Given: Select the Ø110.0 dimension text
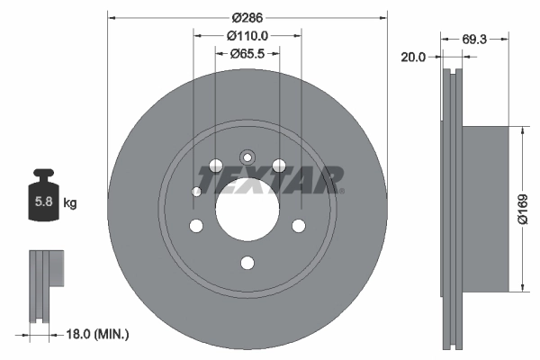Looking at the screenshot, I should coord(247,36).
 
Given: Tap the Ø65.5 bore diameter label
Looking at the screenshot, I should coord(247,53).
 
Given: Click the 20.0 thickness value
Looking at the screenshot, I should coord(413,57).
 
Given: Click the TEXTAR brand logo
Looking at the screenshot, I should coord(271,179).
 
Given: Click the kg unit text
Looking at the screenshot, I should coord(70,203).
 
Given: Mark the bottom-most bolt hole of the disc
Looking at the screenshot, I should coord(247,263).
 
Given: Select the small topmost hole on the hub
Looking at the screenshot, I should coord(247,154).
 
